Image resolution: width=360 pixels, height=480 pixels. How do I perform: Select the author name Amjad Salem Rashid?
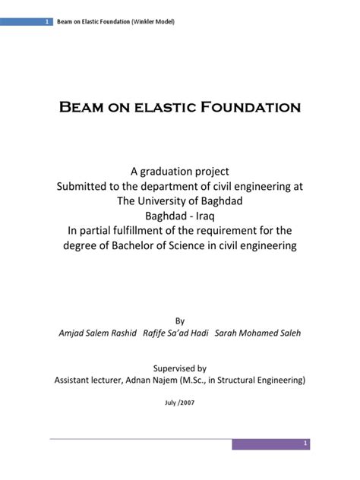pos(97,334)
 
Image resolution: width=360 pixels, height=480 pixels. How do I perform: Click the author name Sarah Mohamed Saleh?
pos(258,334)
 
